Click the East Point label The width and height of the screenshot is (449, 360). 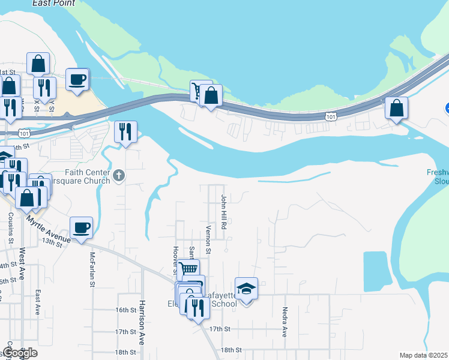[x=54, y=3]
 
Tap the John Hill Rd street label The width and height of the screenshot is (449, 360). [x=223, y=212]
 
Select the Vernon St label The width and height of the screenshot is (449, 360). [x=208, y=235]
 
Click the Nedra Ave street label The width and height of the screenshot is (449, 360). [x=285, y=322]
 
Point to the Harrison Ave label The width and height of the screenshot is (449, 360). [x=143, y=330]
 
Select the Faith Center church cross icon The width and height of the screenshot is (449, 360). [x=119, y=176]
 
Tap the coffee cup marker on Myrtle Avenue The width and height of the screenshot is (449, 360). [x=81, y=228]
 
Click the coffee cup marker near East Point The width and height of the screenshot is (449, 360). [x=77, y=79]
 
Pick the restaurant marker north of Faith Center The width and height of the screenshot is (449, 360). [x=125, y=132]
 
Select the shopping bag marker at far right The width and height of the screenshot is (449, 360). [x=396, y=109]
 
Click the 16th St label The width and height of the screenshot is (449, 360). [x=126, y=310]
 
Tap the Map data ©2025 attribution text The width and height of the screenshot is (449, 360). [x=423, y=355]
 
